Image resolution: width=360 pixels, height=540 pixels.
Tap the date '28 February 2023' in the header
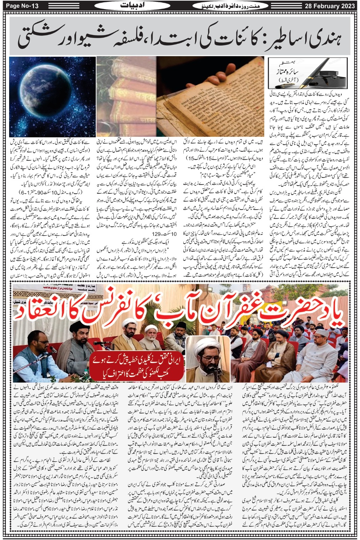click(x=329, y=6)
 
